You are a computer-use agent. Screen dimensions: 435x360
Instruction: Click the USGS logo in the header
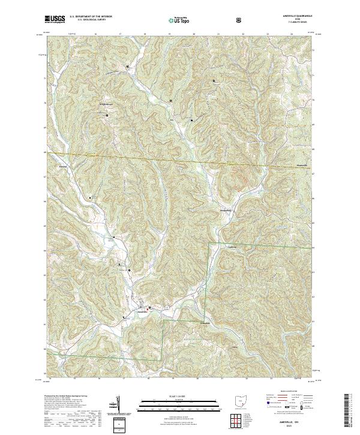click(x=55, y=20)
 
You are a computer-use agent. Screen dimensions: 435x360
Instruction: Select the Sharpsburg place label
click(x=230, y=211)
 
